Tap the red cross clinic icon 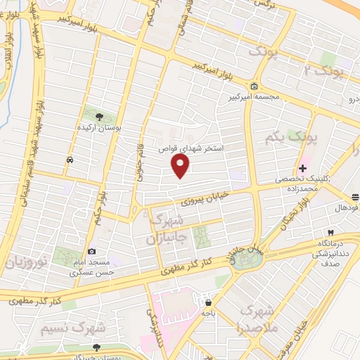303,169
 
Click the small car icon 70,160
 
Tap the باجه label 210,311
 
